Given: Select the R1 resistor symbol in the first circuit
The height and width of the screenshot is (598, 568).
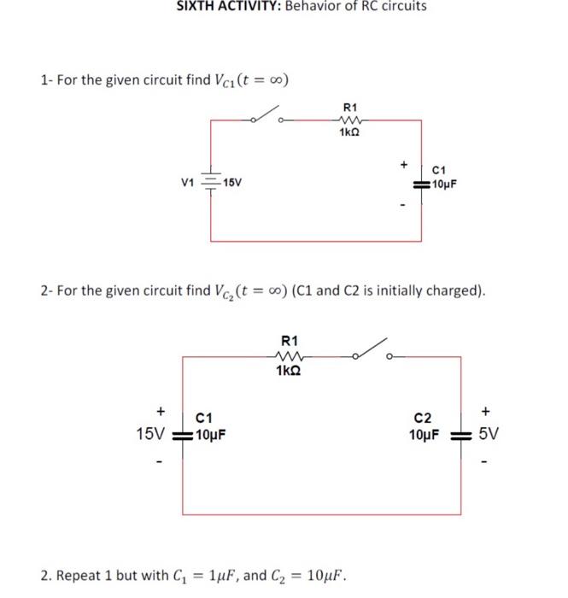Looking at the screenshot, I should click(x=349, y=120).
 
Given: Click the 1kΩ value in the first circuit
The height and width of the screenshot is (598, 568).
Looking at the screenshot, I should click(x=349, y=133).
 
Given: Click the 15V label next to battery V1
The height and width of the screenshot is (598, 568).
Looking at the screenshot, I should click(x=231, y=183).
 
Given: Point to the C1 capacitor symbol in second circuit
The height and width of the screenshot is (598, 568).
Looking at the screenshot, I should click(x=183, y=433).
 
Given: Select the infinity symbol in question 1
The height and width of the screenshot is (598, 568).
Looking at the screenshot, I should click(x=277, y=81).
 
